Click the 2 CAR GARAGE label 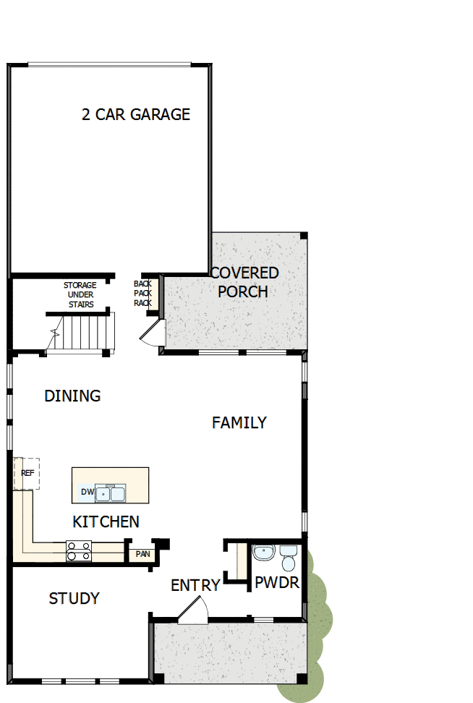tap(136, 114)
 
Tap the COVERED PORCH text tap(244, 283)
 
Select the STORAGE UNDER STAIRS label tap(80, 295)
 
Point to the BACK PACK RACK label tap(142, 293)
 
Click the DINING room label tap(72, 396)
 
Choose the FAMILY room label tap(239, 422)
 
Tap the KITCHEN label tap(106, 521)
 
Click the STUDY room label tap(74, 599)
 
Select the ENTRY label tap(195, 586)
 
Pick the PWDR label tap(277, 583)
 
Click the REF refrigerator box tap(27, 473)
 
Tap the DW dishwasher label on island tap(88, 493)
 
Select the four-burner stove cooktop tap(79, 551)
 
